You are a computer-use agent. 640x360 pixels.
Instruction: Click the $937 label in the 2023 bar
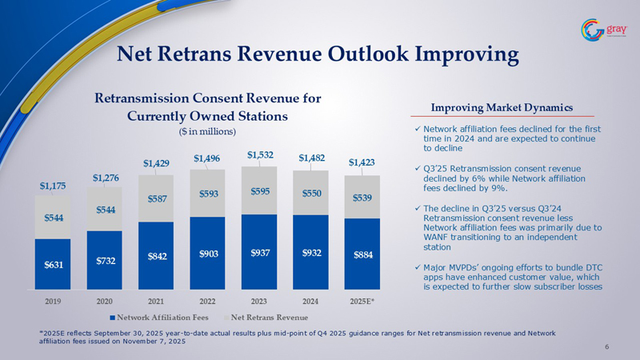point(259,254)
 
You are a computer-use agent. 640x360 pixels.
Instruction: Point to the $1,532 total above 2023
point(259,154)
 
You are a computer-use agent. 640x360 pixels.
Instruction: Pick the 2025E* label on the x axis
point(362,302)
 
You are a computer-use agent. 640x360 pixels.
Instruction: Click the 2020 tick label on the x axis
point(104,302)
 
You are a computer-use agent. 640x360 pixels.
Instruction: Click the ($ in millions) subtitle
point(207,130)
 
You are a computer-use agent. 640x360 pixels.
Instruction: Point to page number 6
point(607,346)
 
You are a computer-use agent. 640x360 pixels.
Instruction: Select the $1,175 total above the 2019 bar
point(53,186)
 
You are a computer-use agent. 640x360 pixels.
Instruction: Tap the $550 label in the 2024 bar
point(311,193)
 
